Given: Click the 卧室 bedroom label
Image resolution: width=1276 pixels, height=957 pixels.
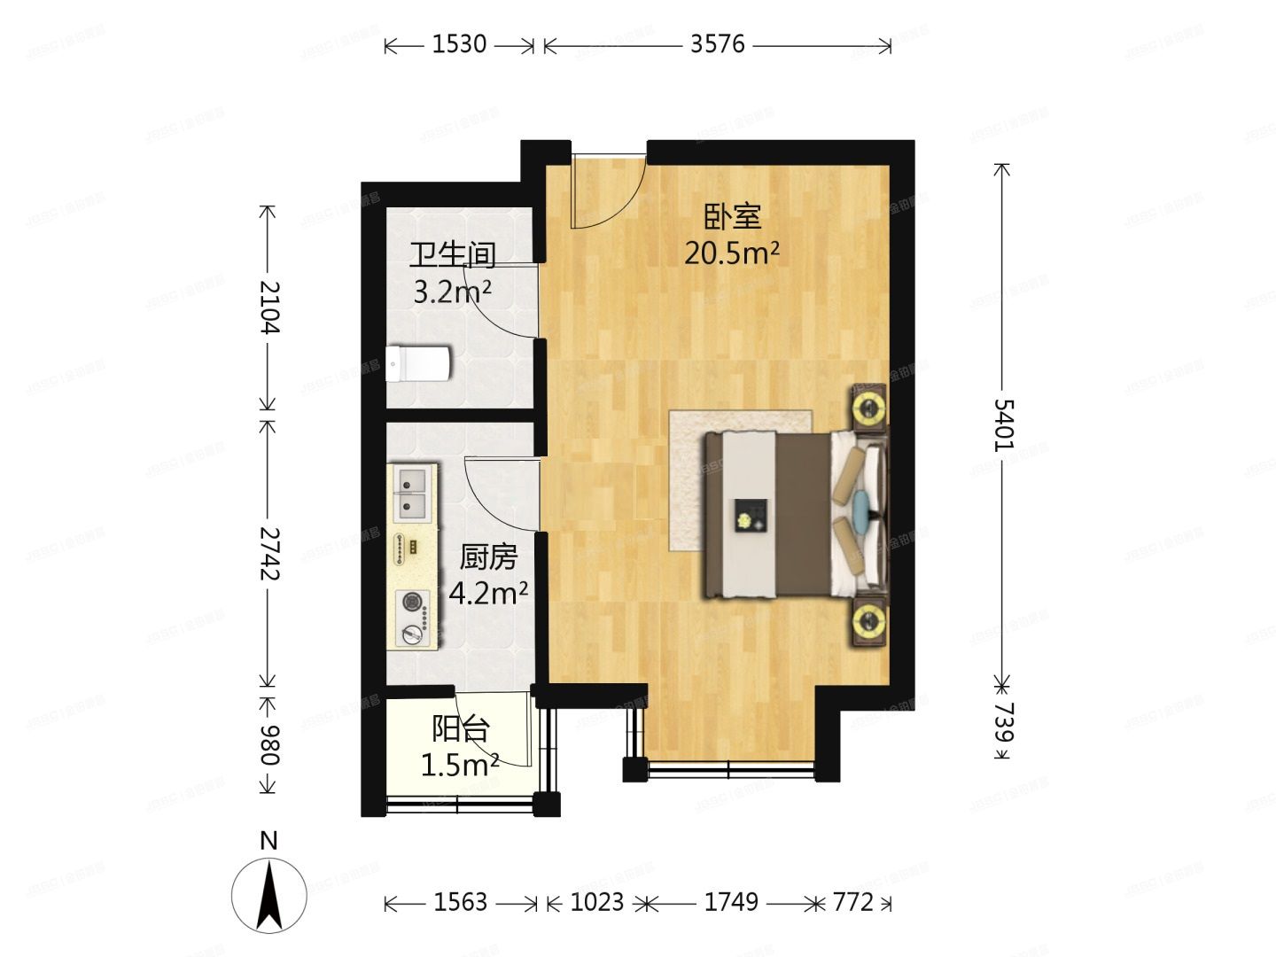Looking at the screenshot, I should [x=733, y=216].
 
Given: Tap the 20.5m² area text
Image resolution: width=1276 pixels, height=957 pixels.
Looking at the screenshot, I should [x=731, y=253].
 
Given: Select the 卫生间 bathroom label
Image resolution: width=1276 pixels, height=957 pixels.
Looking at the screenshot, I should [x=452, y=255].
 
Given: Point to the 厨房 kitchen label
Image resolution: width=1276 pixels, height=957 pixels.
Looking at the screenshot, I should [x=488, y=557].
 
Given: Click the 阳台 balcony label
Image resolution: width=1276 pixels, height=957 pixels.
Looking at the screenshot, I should [x=461, y=729].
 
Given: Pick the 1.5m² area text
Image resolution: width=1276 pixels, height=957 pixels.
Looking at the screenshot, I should [x=459, y=765].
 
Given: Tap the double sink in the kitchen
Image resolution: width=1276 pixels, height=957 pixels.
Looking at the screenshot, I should [x=412, y=494].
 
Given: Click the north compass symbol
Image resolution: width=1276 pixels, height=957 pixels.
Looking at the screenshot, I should [x=269, y=891].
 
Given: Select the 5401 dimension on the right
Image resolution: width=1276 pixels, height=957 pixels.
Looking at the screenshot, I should [x=1002, y=424].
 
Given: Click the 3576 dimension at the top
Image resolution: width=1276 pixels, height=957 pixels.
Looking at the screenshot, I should [x=718, y=44].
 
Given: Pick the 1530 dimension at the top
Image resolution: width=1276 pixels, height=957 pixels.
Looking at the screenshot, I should [x=459, y=44].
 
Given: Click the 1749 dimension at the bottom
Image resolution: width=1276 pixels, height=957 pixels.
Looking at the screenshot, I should [x=731, y=902].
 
